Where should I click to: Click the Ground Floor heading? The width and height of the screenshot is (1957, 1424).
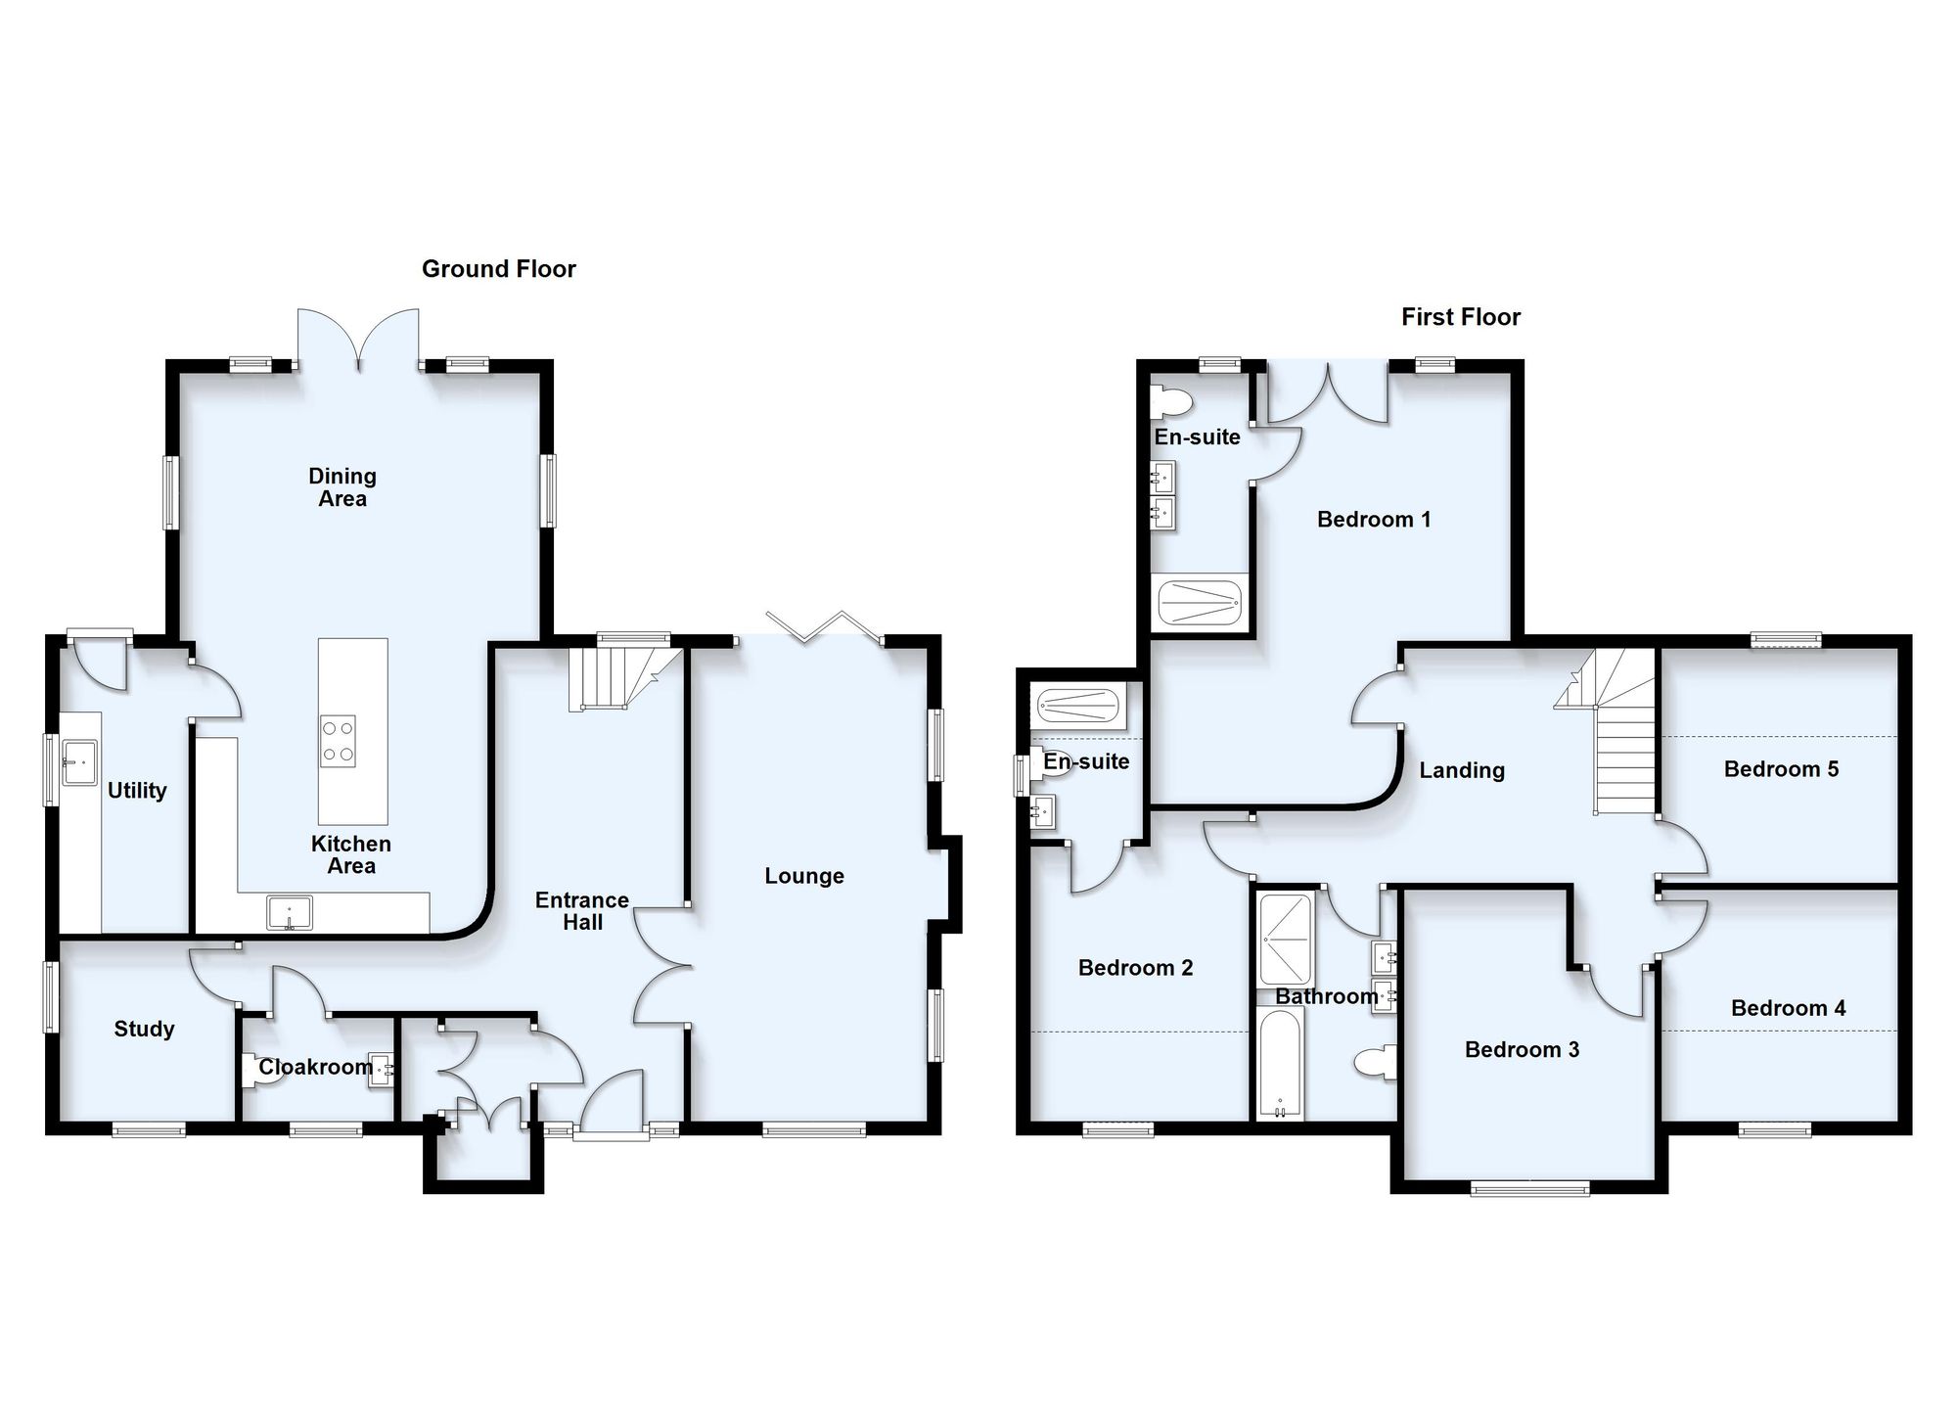point(499,269)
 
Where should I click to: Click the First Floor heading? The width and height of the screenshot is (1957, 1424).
point(1461,317)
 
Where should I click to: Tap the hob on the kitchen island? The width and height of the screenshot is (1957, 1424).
point(339,741)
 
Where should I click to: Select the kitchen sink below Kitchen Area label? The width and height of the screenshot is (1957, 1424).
point(290,912)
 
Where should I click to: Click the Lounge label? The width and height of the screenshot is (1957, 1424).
point(804,876)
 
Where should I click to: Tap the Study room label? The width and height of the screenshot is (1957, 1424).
point(144,1029)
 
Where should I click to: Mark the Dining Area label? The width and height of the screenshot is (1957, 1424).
point(342,487)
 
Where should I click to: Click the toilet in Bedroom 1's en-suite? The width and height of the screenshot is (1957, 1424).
point(1171,401)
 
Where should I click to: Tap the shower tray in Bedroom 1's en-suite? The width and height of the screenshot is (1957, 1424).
point(1201,604)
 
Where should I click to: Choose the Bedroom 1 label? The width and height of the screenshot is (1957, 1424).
point(1374,520)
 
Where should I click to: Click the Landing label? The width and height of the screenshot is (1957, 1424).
point(1462,771)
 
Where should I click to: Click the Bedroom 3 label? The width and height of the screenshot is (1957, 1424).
point(1522,1050)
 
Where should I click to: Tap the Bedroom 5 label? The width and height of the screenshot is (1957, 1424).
point(1781,769)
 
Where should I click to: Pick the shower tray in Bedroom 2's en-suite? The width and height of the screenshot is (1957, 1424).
point(1078,703)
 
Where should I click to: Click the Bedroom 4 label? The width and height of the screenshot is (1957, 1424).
point(1788,1008)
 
